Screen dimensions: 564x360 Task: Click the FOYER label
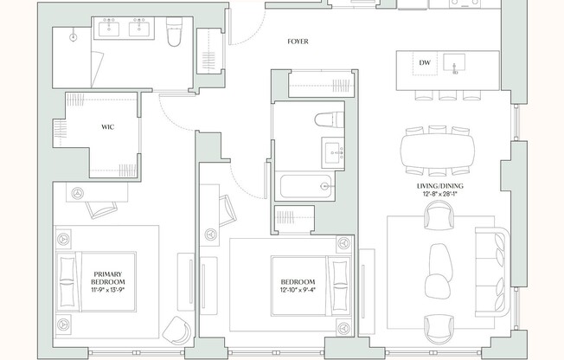tap(298, 42)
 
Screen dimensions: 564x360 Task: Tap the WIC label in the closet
tap(107, 127)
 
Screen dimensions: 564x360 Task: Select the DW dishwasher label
tap(425, 62)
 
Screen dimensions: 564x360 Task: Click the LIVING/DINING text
tap(440, 186)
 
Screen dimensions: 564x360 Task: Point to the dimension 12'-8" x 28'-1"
tap(440, 194)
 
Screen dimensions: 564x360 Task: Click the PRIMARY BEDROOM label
tap(108, 278)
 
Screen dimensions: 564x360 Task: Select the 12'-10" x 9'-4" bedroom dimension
tap(298, 290)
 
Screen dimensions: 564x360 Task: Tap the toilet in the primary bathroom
tap(174, 32)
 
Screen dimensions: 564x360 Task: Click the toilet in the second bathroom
tap(330, 119)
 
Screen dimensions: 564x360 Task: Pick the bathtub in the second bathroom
tap(305, 186)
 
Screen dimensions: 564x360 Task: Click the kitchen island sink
tap(454, 64)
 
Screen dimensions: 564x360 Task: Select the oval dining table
tap(438, 151)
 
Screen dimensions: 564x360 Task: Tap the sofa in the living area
tap(492, 272)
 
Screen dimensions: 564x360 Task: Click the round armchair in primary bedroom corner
tap(177, 330)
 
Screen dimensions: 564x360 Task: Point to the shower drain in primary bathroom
tap(74, 36)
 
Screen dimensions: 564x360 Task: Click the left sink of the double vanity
tap(109, 28)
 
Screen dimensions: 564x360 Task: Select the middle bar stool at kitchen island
tap(448, 94)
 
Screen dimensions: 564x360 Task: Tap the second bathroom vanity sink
tap(333, 152)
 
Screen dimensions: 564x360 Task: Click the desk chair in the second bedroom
tap(228, 210)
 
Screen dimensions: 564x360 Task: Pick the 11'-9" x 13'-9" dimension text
tap(108, 290)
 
